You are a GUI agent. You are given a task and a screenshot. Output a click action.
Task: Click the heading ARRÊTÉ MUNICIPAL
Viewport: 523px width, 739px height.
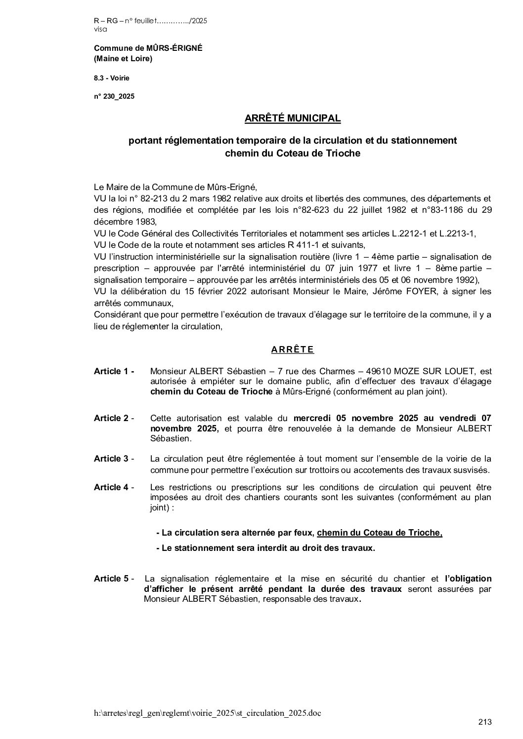[293, 118]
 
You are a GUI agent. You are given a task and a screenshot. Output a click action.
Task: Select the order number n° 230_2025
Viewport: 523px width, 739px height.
[114, 97]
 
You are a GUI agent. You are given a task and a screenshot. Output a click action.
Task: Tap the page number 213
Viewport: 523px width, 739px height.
[485, 723]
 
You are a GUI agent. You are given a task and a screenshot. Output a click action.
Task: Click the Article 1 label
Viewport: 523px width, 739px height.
[114, 371]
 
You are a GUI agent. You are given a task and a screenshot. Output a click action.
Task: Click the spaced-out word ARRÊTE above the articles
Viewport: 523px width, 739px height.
[293, 350]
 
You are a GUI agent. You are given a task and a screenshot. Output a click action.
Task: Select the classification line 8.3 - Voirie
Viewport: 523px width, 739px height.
[112, 78]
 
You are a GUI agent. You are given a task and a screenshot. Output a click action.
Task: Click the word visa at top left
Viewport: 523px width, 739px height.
[100, 29]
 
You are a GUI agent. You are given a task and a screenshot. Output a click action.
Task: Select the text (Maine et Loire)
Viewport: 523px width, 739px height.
[123, 59]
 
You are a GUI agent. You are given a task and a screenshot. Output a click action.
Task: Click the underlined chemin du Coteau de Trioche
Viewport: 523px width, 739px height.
[380, 533]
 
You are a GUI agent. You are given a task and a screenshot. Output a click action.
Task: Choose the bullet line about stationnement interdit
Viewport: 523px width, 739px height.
[265, 548]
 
